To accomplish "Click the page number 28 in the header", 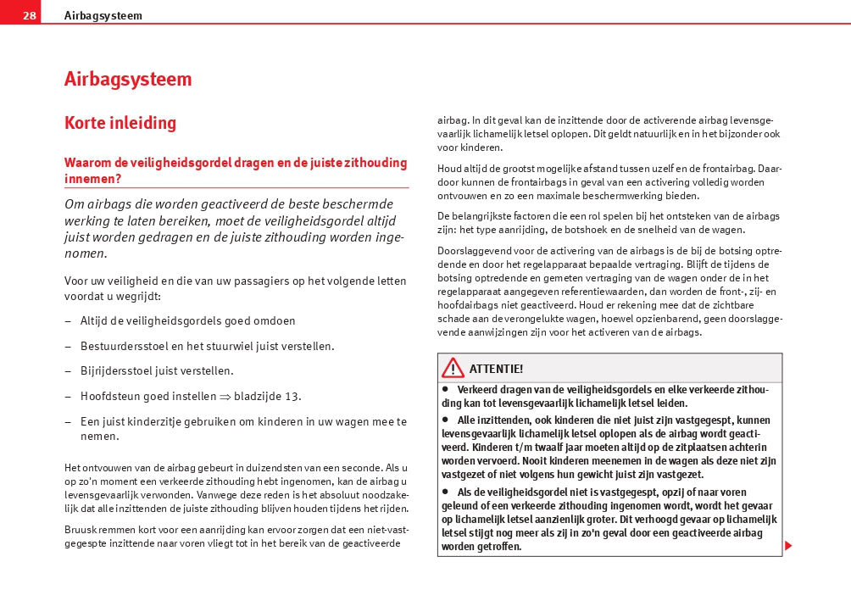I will pos(30,15).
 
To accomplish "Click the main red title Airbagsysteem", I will pos(128,80).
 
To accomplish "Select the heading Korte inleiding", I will pos(120,123).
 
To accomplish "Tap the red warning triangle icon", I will pos(453,368).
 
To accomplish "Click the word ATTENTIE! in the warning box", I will pos(496,369).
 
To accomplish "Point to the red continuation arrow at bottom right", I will pos(788,545).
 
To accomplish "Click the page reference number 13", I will pos(292,396).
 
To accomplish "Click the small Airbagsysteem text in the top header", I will pos(103,15).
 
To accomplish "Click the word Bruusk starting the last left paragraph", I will pos(79,530).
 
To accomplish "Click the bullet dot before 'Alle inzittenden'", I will pos(444,419).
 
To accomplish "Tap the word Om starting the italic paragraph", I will pos(74,204).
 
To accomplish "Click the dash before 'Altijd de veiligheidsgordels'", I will pos(68,321).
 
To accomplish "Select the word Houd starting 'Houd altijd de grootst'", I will pos(449,169).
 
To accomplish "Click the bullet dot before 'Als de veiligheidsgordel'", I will pos(444,491).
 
